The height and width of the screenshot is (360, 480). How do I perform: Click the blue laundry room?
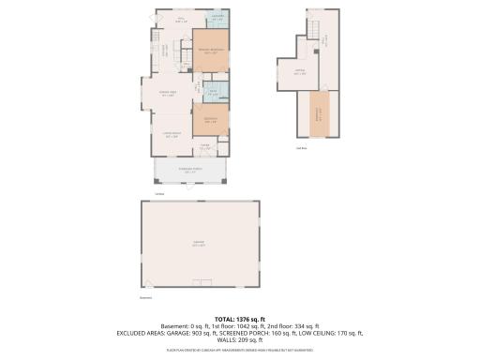point(216,20)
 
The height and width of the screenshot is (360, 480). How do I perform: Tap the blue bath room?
point(213,93)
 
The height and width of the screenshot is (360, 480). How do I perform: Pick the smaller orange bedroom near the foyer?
point(210,120)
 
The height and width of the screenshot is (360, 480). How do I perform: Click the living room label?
point(172,136)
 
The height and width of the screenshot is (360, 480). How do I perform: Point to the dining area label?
point(169,92)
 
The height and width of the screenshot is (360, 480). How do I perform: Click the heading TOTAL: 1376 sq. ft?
point(239,318)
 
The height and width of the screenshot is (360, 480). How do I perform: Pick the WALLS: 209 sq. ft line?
point(239,340)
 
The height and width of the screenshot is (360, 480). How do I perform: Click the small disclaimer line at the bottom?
point(239,349)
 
